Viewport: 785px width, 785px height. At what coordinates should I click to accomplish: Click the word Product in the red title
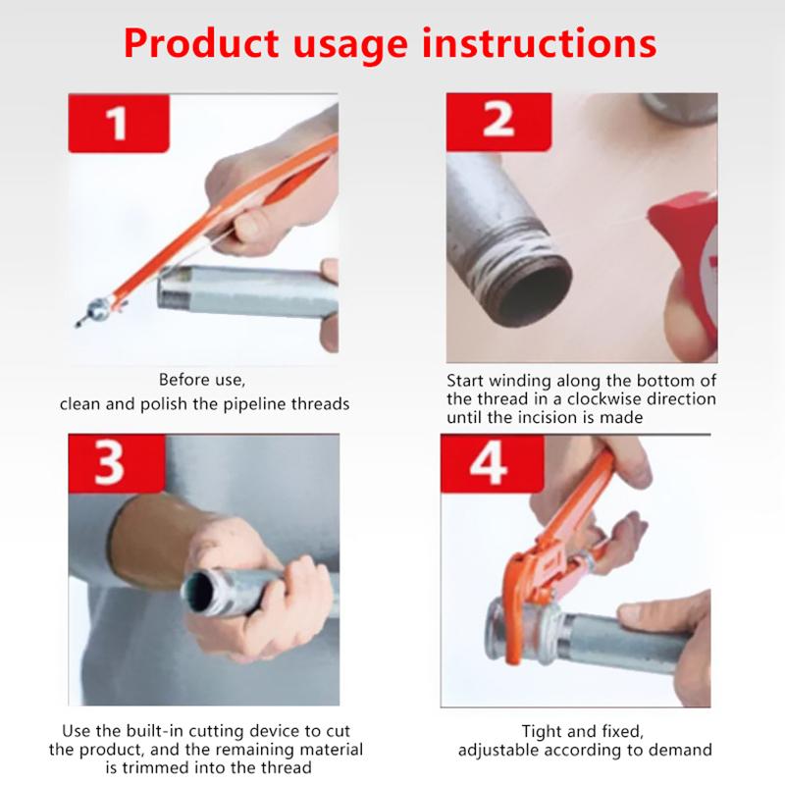(201, 43)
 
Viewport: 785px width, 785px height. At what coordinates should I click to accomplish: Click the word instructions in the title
(539, 43)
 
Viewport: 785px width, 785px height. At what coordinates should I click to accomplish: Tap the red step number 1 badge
(119, 124)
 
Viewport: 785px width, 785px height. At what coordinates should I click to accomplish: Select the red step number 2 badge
(498, 122)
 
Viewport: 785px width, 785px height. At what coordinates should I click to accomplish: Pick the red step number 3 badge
(117, 463)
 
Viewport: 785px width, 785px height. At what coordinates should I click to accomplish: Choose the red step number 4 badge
(493, 463)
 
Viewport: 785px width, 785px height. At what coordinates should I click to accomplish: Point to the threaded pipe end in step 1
(175, 288)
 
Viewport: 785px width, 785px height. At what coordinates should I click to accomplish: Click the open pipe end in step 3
(200, 594)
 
